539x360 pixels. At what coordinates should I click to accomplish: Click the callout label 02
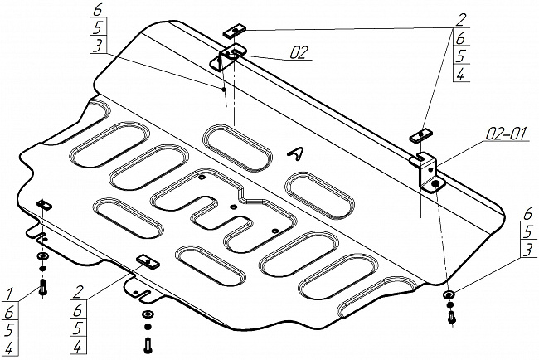[x=299, y=52]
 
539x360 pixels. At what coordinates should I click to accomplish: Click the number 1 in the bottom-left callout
[x=9, y=294]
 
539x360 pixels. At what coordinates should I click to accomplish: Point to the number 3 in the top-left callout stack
[x=99, y=45]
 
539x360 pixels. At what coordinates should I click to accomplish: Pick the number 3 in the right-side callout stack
[x=528, y=250]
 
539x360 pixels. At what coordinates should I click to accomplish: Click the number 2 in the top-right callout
[x=460, y=20]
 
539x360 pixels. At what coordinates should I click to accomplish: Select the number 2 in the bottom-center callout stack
[x=78, y=292]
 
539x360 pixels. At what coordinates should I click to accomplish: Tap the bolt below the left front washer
[x=43, y=286]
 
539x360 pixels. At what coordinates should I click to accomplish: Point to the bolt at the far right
[x=451, y=317]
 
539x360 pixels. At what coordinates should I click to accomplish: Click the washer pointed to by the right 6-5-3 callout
[x=449, y=294]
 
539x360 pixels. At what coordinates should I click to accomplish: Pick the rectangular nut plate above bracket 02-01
[x=420, y=134]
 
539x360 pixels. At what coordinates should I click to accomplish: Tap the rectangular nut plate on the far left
[x=44, y=204]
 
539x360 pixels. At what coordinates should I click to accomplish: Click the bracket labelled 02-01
[x=429, y=172]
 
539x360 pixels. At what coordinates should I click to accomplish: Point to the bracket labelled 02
[x=226, y=57]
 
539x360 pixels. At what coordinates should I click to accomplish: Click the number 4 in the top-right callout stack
[x=461, y=74]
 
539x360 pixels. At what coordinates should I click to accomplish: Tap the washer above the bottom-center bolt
[x=148, y=314]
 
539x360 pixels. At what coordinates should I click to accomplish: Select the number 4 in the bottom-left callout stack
[x=9, y=348]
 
